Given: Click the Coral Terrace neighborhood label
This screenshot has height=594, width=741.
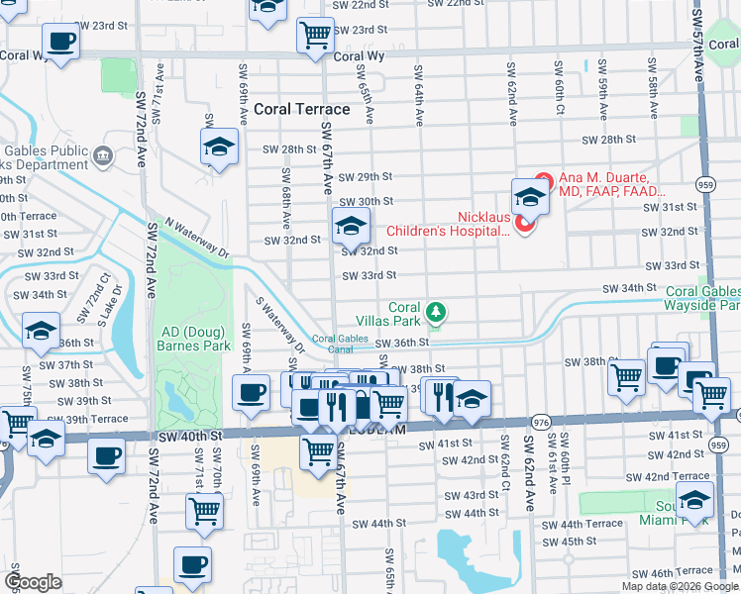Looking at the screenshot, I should point(302,109).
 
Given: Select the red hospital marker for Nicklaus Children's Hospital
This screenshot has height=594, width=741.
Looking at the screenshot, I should point(524,225).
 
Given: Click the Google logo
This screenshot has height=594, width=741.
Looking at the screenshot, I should point(33,582).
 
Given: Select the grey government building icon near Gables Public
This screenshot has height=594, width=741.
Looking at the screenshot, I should point(103,155).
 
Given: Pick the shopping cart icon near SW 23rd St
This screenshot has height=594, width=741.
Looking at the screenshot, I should point(315,36).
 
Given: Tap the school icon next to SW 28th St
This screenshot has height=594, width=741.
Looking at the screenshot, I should point(219,148).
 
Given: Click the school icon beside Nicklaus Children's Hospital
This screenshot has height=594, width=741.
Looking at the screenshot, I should point(531,197).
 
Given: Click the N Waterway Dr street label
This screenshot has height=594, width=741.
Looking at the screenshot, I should point(196,239).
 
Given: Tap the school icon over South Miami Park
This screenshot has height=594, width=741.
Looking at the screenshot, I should point(694,499).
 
